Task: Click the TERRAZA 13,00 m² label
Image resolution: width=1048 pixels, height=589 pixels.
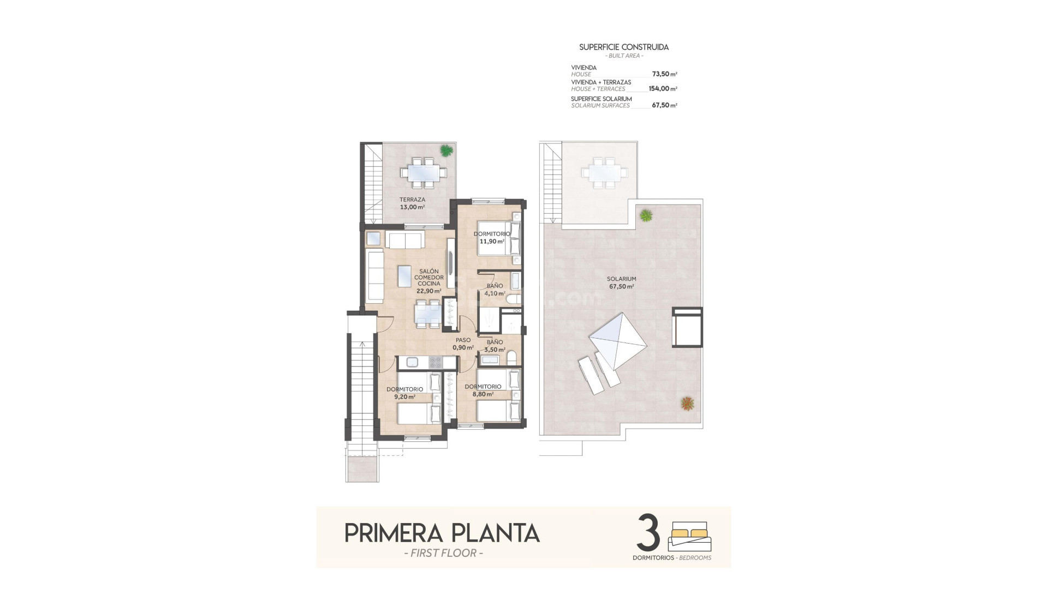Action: click(x=412, y=203)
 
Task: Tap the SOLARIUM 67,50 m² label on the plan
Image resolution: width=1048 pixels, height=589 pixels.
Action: click(x=621, y=283)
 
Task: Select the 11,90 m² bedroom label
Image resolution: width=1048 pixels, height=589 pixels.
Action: click(x=491, y=238)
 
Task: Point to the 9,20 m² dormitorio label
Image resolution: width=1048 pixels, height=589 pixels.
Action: click(x=404, y=393)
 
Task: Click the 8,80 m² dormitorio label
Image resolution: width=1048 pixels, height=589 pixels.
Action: click(x=483, y=390)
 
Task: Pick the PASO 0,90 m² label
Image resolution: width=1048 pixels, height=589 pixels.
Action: click(x=463, y=344)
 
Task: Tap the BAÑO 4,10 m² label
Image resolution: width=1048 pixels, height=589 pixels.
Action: click(x=495, y=290)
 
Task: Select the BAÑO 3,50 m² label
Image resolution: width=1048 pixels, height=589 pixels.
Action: click(x=495, y=346)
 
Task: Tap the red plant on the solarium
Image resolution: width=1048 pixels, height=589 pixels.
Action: click(x=687, y=404)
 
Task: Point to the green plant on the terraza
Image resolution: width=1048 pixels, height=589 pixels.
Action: click(x=446, y=150)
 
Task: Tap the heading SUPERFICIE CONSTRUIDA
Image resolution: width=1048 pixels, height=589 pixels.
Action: click(x=624, y=47)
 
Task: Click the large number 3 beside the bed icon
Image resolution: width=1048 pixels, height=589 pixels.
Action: click(x=648, y=534)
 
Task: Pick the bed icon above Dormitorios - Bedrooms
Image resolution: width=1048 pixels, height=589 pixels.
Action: click(x=690, y=537)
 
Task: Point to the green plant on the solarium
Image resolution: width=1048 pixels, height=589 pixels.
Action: click(x=646, y=215)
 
